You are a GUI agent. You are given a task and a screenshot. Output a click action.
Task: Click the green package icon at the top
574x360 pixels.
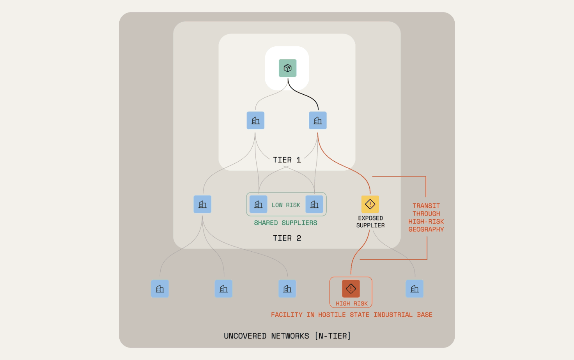pyautogui.click(x=288, y=68)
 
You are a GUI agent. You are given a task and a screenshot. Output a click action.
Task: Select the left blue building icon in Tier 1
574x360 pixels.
pyautogui.click(x=255, y=121)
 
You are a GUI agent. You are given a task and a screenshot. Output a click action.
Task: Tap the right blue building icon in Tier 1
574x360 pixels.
pyautogui.click(x=318, y=121)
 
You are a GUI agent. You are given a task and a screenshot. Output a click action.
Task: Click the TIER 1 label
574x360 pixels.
pyautogui.click(x=287, y=160)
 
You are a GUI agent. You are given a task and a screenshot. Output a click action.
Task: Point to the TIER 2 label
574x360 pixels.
pyautogui.click(x=287, y=238)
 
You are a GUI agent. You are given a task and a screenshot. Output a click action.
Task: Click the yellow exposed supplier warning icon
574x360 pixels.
pyautogui.click(x=370, y=204)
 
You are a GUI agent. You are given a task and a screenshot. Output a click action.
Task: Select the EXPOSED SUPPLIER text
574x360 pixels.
pyautogui.click(x=370, y=222)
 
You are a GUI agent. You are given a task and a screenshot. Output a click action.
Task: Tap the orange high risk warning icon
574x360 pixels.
pyautogui.click(x=351, y=289)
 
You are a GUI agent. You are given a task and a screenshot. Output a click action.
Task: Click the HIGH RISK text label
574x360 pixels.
pyautogui.click(x=351, y=304)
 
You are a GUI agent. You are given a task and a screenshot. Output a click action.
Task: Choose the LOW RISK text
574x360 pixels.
pyautogui.click(x=286, y=205)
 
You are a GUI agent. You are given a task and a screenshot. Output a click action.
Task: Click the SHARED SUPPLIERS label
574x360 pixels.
pyautogui.click(x=285, y=223)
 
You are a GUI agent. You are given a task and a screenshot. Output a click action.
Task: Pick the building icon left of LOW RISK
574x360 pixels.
pyautogui.click(x=258, y=205)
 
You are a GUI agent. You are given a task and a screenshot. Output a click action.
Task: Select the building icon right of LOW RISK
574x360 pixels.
pyautogui.click(x=314, y=205)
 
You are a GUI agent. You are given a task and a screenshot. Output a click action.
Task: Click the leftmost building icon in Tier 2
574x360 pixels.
pyautogui.click(x=202, y=204)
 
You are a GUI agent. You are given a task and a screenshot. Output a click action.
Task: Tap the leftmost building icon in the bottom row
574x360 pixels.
pyautogui.click(x=160, y=289)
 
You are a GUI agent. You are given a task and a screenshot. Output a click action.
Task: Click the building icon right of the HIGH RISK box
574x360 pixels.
pyautogui.click(x=415, y=289)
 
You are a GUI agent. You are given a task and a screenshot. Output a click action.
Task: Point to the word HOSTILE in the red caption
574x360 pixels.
pyautogui.click(x=332, y=315)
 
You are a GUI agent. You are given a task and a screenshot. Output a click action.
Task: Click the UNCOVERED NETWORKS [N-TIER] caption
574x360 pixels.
pyautogui.click(x=287, y=336)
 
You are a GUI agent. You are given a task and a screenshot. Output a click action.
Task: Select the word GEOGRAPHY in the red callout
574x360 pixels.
pyautogui.click(x=426, y=229)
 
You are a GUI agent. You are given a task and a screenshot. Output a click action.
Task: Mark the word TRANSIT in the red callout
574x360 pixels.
pyautogui.click(x=426, y=206)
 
